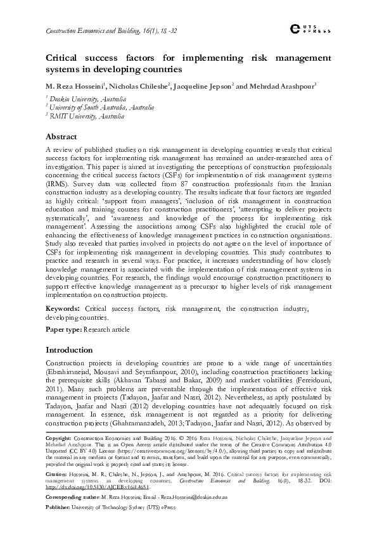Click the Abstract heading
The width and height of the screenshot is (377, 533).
pyautogui.click(x=62, y=137)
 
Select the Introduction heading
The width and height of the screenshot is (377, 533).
pyautogui.click(x=70, y=349)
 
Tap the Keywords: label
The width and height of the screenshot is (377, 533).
pyautogui.click(x=62, y=308)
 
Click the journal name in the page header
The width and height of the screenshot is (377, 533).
pyautogui.click(x=95, y=30)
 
